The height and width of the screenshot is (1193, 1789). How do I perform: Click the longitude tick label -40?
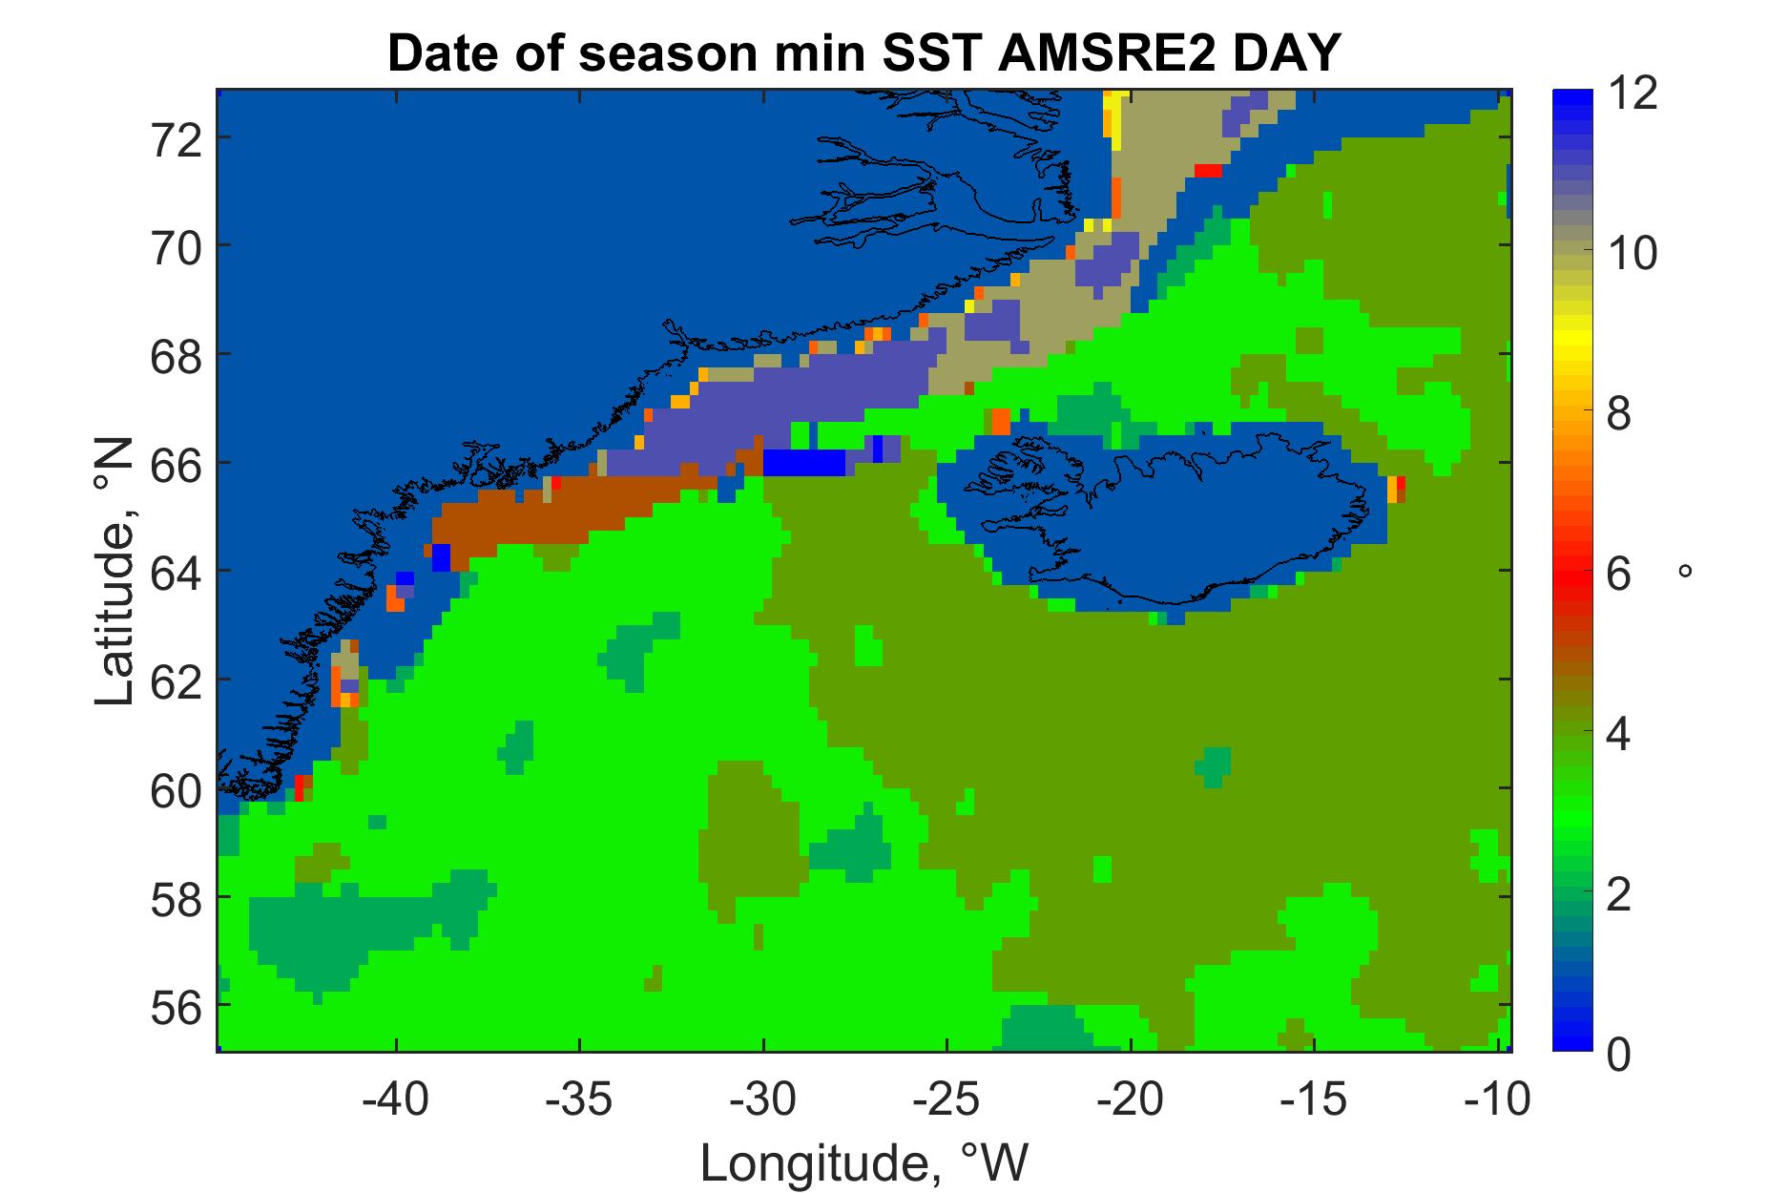(388, 1100)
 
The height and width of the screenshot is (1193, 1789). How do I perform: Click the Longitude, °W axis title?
(865, 1162)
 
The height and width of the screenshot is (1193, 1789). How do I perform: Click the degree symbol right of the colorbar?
(1686, 571)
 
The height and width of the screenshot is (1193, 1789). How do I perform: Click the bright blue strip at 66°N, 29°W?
(804, 463)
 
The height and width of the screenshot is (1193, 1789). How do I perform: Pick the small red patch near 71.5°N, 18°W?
(1208, 171)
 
